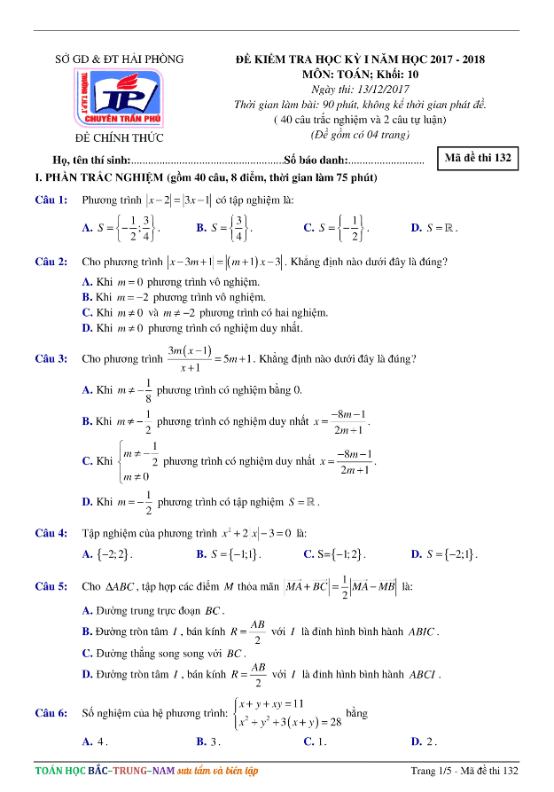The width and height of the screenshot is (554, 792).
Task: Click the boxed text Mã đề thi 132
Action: (479, 159)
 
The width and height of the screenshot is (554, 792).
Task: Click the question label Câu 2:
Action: (51, 262)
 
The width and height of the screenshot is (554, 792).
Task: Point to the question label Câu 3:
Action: (51, 359)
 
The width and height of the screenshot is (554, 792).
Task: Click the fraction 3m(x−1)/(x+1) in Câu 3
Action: (189, 359)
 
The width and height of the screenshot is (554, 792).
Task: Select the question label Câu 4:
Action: (51, 533)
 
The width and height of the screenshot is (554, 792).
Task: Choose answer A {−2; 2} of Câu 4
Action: (107, 555)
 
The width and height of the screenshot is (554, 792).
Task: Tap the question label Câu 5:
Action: (51, 586)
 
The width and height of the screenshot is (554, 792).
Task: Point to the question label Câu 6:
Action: (51, 713)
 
